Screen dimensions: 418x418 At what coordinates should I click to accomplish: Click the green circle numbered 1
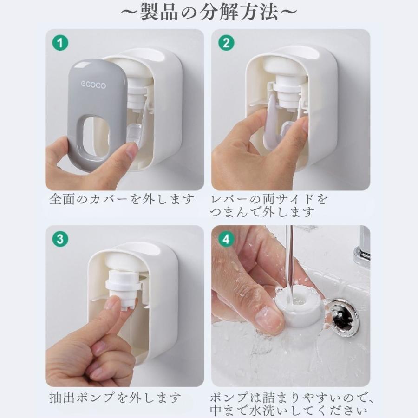pyautogui.click(x=60, y=43)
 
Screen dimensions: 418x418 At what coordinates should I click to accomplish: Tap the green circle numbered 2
pyautogui.click(x=226, y=43)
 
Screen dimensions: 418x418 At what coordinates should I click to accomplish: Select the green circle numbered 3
pyautogui.click(x=60, y=239)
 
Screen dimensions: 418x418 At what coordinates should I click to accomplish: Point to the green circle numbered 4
pyautogui.click(x=226, y=239)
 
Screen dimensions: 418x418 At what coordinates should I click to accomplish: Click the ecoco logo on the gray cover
pyautogui.click(x=93, y=85)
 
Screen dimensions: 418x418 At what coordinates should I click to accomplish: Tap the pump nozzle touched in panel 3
pyautogui.click(x=122, y=289)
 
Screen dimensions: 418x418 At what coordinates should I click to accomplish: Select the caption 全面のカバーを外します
pyautogui.click(x=122, y=199)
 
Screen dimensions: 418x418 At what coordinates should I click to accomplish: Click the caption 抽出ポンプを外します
pyautogui.click(x=115, y=398)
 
